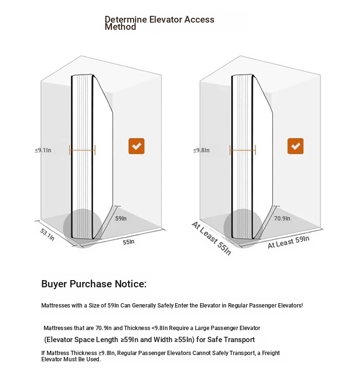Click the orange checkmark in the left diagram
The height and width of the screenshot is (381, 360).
[136, 146]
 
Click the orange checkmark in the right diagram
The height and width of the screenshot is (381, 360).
[295, 146]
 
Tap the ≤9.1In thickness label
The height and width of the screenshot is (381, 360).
[43, 150]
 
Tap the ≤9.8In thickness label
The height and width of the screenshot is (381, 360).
[202, 150]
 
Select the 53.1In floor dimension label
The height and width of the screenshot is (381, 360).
[48, 234]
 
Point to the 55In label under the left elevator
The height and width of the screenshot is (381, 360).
[129, 242]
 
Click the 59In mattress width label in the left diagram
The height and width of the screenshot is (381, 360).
[121, 219]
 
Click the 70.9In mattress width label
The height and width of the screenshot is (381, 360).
[282, 219]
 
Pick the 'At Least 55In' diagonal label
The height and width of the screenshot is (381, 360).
[211, 238]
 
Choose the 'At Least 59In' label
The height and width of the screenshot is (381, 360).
[288, 242]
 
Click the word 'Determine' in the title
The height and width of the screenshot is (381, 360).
[125, 19]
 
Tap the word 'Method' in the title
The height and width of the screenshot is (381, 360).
[120, 27]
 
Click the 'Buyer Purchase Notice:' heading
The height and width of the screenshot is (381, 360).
[94, 284]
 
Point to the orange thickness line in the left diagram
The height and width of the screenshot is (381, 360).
[82, 150]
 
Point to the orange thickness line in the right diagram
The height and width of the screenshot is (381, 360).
[242, 150]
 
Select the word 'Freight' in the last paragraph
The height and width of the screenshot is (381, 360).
[271, 353]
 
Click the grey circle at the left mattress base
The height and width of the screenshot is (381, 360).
[83, 228]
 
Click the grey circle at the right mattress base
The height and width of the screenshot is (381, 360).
[243, 228]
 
